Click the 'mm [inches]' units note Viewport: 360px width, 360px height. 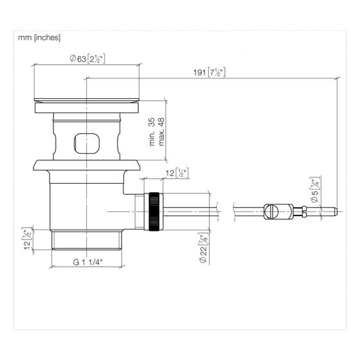coord(39,37)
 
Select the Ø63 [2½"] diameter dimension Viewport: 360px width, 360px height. coord(87,59)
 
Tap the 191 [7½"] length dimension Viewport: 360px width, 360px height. coord(210,73)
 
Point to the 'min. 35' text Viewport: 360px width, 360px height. coord(152,132)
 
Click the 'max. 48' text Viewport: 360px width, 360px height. coord(161,132)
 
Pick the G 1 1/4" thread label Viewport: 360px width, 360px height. coord(87,262)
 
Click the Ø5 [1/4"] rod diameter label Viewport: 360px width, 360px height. coord(316,190)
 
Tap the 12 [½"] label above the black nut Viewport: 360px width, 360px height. coord(177,173)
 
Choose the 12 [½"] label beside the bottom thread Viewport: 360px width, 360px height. coord(27,239)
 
